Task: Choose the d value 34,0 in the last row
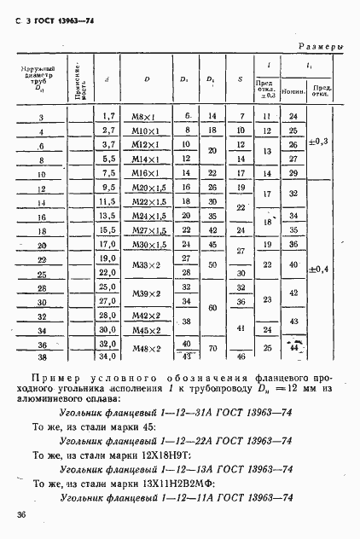108,356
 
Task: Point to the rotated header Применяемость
77,79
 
